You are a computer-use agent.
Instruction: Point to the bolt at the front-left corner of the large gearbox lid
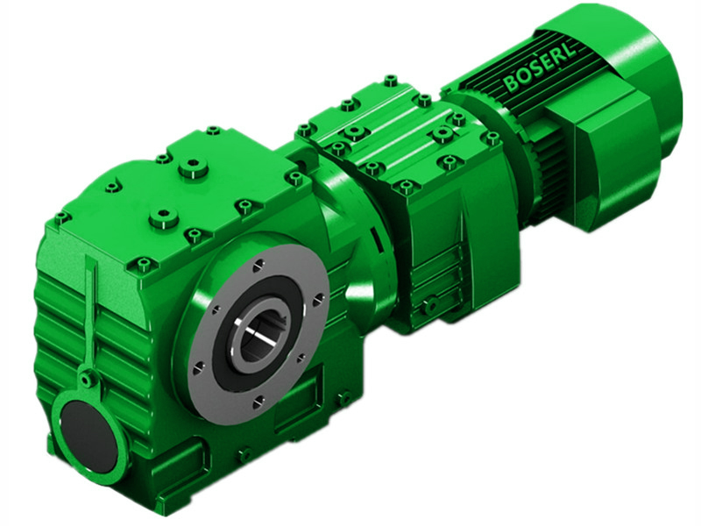pos(60,217)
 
